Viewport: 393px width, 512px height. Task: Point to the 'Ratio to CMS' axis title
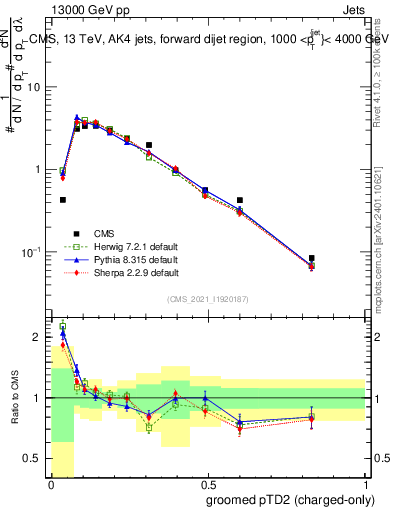[x=13, y=399]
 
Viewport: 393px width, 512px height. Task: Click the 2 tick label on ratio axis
[x=38, y=337]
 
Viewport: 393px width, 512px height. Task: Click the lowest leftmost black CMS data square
[x=63, y=200]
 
